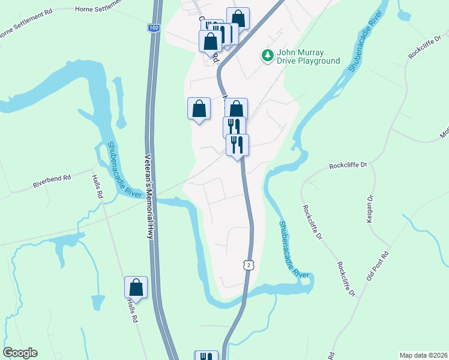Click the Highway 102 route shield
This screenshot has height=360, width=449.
tap(154, 28)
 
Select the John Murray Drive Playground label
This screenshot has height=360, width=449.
tap(309, 56)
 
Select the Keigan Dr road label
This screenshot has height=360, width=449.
tap(370, 209)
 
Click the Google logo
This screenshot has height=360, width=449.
tap(20, 353)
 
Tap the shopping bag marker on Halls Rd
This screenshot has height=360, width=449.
tap(136, 287)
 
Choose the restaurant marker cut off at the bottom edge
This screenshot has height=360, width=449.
tap(206, 356)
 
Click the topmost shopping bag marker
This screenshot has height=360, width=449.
tap(238, 18)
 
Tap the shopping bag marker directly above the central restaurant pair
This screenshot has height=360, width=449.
tap(237, 109)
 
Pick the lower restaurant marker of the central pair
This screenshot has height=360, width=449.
tap(237, 145)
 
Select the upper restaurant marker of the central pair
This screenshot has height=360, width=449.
tap(234, 127)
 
